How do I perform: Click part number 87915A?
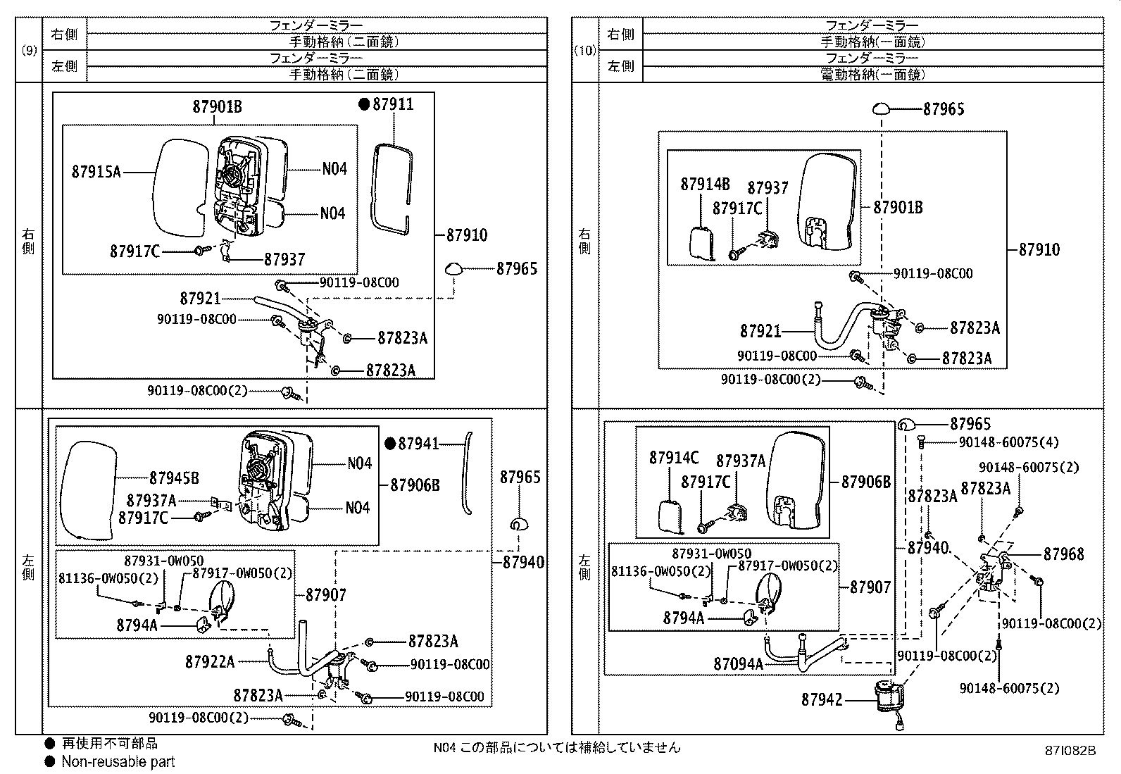(96, 171)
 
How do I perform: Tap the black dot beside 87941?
(390, 444)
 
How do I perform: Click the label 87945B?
(173, 478)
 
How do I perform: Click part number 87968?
(1063, 554)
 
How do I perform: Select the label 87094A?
(738, 664)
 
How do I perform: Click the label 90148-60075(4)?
(1008, 442)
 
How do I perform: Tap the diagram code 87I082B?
(1070, 751)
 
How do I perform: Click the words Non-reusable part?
(118, 761)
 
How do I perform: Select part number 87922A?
(210, 662)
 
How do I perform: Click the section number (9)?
(29, 50)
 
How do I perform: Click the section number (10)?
(585, 50)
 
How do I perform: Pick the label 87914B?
(705, 184)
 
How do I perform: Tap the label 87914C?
(674, 458)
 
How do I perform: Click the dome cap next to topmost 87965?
(883, 109)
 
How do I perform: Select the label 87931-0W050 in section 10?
(711, 554)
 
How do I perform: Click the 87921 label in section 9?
(200, 299)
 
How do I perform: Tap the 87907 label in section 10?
(870, 587)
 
